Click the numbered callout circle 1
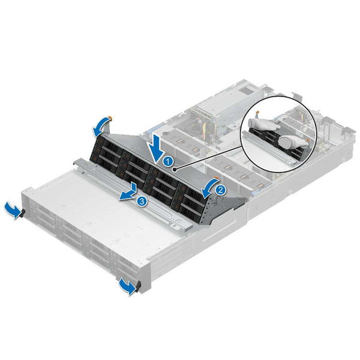[169, 161]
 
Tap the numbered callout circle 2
[220, 190]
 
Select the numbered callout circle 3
[142, 201]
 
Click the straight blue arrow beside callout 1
[158, 146]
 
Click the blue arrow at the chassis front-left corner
[10, 209]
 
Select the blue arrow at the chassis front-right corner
[126, 287]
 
